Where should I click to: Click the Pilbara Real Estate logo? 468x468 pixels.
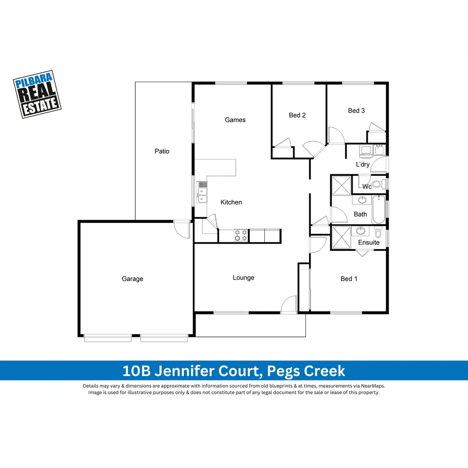click(x=37, y=94)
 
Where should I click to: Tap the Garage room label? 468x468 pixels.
click(x=132, y=279)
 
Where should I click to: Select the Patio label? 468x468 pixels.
click(x=162, y=151)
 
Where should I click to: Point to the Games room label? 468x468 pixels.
click(x=235, y=120)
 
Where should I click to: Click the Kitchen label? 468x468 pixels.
click(x=231, y=202)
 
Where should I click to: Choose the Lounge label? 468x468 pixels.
click(x=244, y=278)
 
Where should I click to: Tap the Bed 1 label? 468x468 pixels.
click(x=349, y=279)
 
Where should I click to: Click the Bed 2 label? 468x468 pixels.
click(x=297, y=115)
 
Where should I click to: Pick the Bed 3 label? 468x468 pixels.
click(x=356, y=111)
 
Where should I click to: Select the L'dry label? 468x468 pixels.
click(x=363, y=165)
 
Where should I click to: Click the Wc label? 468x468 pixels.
click(x=367, y=187)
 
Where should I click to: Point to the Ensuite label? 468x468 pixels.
click(x=369, y=243)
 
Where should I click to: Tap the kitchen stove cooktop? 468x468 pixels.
click(x=241, y=235)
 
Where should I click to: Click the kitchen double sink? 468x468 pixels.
click(x=201, y=192)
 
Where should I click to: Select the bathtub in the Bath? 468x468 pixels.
click(x=379, y=210)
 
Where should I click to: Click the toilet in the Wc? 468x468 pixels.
click(x=377, y=185)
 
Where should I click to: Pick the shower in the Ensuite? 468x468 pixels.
click(x=341, y=237)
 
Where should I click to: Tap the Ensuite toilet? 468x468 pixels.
click(x=378, y=234)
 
